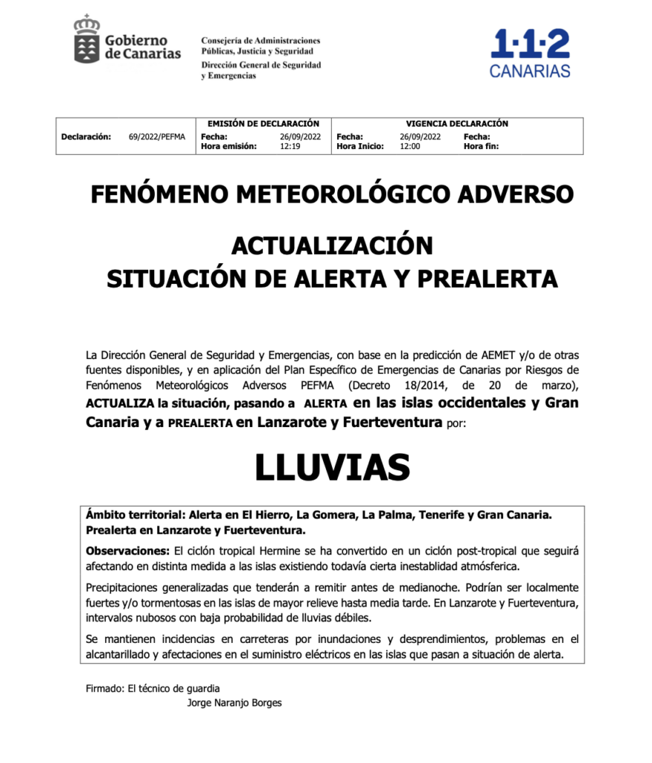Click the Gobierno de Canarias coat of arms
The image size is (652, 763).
(87, 40)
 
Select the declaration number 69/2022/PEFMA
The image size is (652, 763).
(156, 136)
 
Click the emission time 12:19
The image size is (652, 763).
(290, 147)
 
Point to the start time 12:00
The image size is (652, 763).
(409, 147)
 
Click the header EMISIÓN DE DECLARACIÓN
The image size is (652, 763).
(263, 124)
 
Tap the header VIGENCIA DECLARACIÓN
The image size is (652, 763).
(456, 124)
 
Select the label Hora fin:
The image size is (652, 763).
(481, 147)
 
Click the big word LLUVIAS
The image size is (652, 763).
(332, 467)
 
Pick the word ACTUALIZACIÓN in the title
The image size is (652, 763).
(332, 245)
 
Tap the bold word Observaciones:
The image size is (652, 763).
(128, 552)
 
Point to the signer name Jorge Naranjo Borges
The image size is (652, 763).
(234, 703)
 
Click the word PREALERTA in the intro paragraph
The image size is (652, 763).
(200, 423)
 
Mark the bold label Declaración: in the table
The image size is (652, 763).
(86, 136)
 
